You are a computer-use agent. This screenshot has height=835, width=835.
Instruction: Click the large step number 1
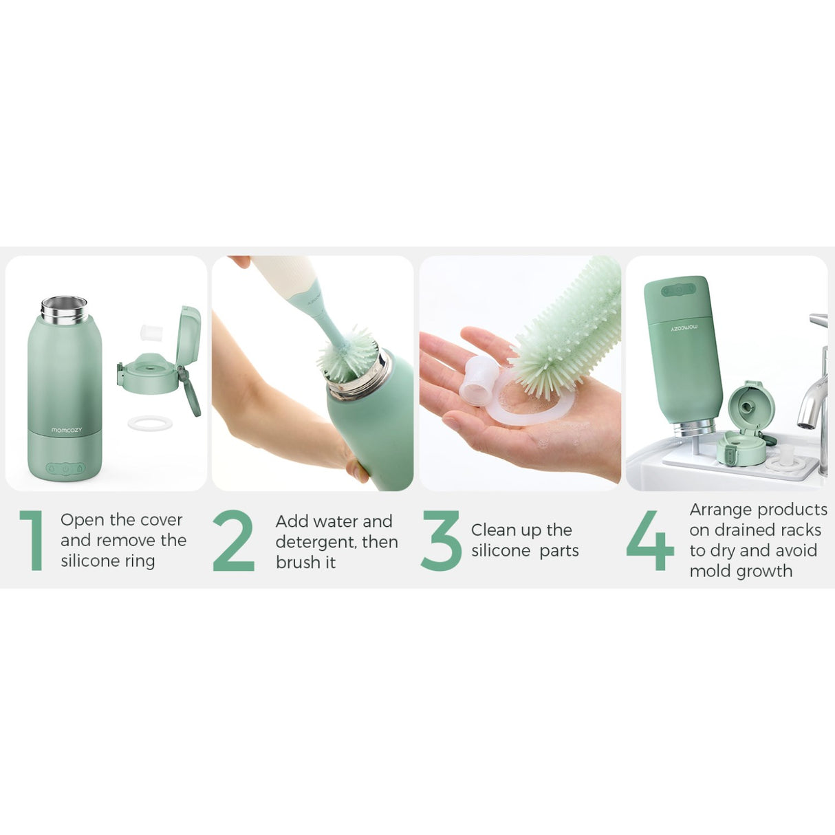pos(32,541)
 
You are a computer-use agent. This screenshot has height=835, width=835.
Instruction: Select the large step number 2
pos(233,541)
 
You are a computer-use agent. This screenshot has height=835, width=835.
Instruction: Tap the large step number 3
pos(441,541)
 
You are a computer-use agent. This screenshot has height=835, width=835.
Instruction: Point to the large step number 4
pos(650,541)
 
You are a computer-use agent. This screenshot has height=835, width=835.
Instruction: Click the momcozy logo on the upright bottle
pos(66,430)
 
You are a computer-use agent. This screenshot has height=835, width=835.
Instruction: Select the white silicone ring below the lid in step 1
pos(150,423)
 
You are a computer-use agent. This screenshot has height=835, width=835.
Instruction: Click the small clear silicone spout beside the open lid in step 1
pos(150,333)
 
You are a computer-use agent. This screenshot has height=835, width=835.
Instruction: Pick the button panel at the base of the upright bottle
pos(65,468)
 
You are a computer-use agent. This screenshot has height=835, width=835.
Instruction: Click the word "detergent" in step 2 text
pos(316,542)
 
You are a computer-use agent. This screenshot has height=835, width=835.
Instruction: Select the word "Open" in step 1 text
pos(83,520)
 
